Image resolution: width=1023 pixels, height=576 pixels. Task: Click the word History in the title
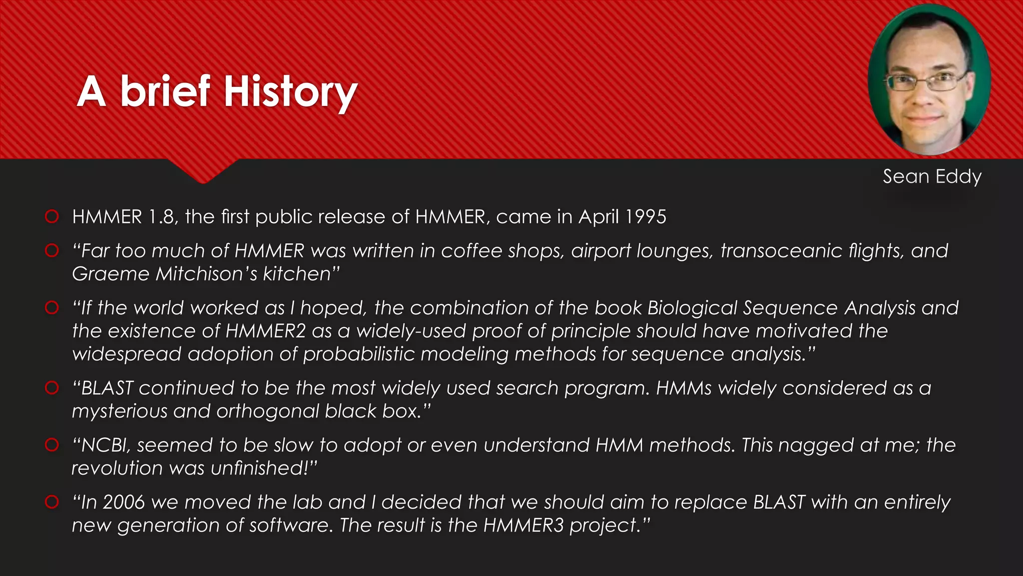(290, 92)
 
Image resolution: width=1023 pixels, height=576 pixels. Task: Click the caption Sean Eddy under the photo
(932, 176)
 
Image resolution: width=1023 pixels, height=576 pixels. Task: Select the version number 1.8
(161, 217)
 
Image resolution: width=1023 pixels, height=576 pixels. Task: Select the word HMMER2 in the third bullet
(265, 331)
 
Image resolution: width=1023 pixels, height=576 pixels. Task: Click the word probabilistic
(359, 354)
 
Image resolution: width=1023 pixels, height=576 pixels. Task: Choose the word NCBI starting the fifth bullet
(105, 445)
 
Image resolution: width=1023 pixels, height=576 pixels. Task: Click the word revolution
(117, 468)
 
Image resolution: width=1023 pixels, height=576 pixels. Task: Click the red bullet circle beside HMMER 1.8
(52, 216)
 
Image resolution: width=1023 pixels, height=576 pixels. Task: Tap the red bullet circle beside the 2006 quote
(52, 501)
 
